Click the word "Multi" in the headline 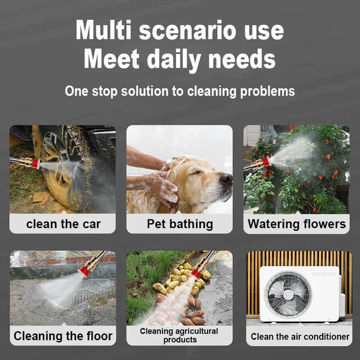click(103, 30)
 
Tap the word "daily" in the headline click(174, 59)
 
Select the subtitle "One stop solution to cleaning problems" click(180, 91)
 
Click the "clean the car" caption click(64, 224)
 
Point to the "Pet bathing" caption click(180, 224)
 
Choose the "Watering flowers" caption click(296, 224)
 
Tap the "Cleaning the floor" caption click(63, 336)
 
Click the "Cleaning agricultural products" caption click(179, 335)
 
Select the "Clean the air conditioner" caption click(300, 337)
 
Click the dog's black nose click(226, 178)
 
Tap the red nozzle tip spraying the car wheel click(35, 163)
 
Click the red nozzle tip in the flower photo click(267, 161)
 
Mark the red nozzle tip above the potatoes click(196, 274)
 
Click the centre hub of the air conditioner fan click(289, 295)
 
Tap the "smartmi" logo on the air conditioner click(323, 274)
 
